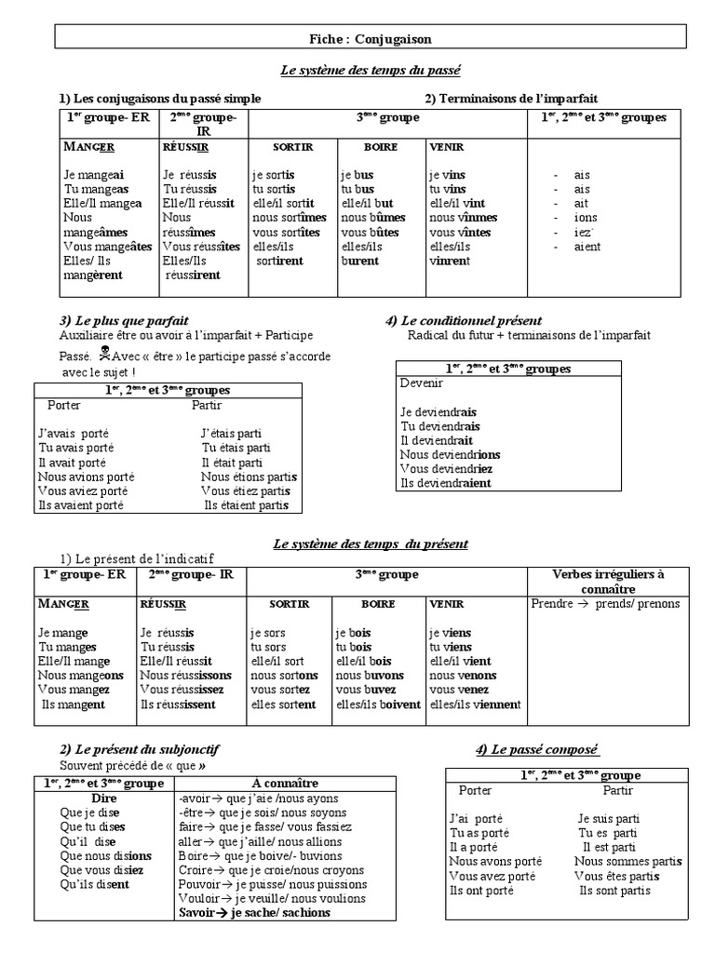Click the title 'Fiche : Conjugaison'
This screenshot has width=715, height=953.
[x=371, y=38]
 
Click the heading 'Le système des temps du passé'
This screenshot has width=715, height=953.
[x=371, y=70]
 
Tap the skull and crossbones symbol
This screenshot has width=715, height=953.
[x=104, y=356]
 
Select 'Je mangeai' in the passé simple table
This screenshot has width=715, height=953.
[x=94, y=174]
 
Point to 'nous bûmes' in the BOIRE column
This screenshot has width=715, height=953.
[x=373, y=218]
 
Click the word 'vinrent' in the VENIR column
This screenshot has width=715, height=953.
[x=450, y=262]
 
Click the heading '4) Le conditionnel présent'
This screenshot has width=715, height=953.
[x=463, y=321]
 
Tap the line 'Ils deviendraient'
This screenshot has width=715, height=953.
[x=448, y=483]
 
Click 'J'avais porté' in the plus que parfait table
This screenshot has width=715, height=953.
[x=74, y=433]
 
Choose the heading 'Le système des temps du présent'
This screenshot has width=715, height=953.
[x=371, y=544]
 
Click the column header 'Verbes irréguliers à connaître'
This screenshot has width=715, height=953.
[x=608, y=582]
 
